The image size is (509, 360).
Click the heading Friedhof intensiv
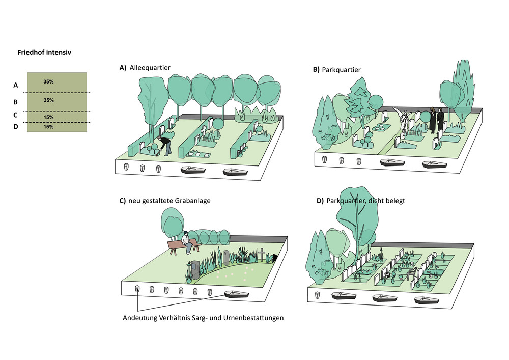[44, 52]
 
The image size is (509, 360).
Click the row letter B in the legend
[16, 101]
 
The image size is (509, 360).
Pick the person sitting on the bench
[187, 242]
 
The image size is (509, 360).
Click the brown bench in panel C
[181, 246]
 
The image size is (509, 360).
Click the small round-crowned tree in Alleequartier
[217, 124]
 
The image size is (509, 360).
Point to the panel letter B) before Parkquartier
[316, 69]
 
